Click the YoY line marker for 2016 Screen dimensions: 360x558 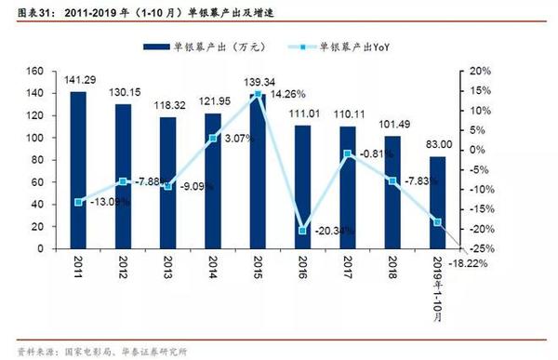[x=302, y=230]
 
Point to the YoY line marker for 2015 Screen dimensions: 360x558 [x=258, y=93]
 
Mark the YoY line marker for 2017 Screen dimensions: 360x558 [x=347, y=153]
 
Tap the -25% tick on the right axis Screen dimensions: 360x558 [x=475, y=249]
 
